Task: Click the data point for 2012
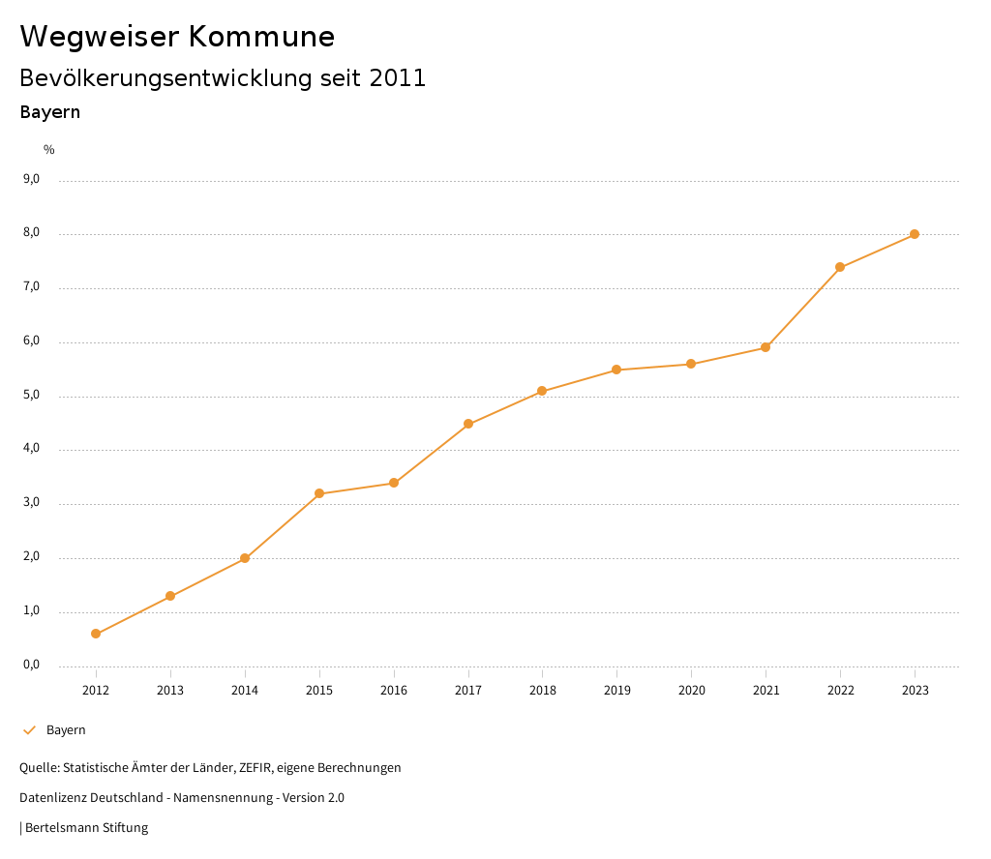96,634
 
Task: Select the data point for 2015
319,493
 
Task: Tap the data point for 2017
468,424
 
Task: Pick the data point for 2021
766,347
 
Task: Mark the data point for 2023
915,234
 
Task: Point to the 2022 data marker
840,267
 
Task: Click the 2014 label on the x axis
245,690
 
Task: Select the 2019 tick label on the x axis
616,690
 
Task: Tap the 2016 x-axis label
394,690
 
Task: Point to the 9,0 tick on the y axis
31,179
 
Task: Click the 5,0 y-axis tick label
31,395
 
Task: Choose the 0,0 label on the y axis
31,665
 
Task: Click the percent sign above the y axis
49,149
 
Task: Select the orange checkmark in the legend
29,729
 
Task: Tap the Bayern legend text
66,729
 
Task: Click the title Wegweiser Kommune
177,36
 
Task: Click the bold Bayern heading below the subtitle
49,112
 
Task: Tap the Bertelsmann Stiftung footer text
86,827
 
